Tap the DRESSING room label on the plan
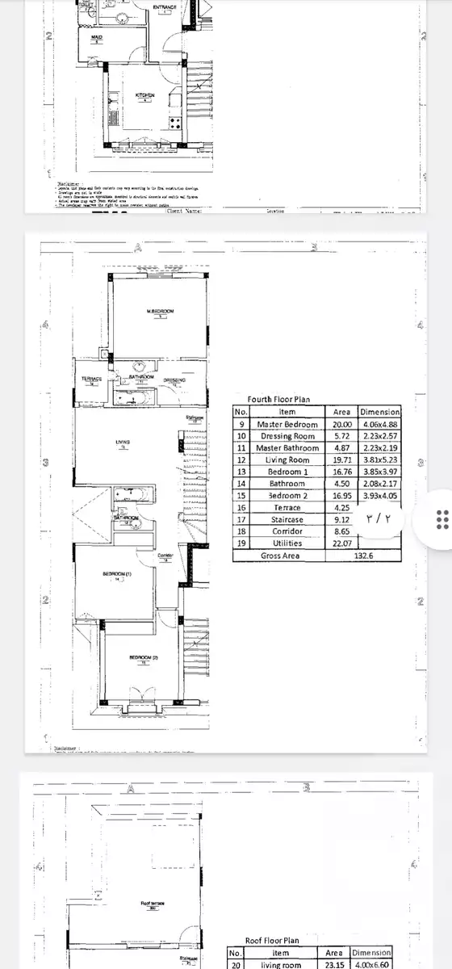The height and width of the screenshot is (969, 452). [174, 380]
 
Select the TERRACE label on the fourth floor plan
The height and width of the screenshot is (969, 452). [93, 380]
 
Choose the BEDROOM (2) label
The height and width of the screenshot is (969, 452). [144, 658]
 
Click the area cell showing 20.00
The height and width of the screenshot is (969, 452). [342, 424]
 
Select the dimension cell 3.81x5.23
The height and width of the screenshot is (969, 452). [380, 459]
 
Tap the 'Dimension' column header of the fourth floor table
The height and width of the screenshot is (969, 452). [380, 412]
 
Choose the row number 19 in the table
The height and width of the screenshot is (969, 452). [240, 544]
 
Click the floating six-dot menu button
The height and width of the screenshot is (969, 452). [442, 518]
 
